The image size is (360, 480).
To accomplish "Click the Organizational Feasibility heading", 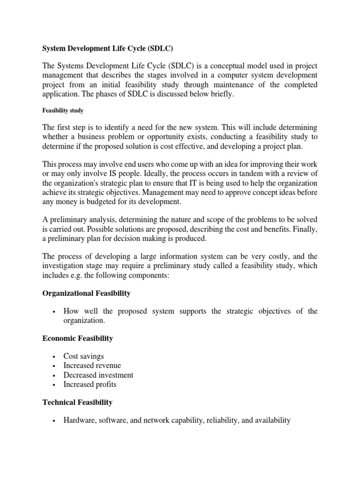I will [x=87, y=293].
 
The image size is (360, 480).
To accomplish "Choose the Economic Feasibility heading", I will [x=78, y=338].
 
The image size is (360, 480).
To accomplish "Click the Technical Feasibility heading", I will [x=77, y=402].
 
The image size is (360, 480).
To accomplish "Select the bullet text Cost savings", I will [x=84, y=356].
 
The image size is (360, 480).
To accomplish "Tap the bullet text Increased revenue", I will [x=92, y=366].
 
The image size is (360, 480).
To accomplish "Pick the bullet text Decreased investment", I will [x=98, y=375].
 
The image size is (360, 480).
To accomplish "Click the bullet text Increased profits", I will [x=90, y=384].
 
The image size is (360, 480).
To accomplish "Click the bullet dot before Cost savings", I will [x=55, y=357].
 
